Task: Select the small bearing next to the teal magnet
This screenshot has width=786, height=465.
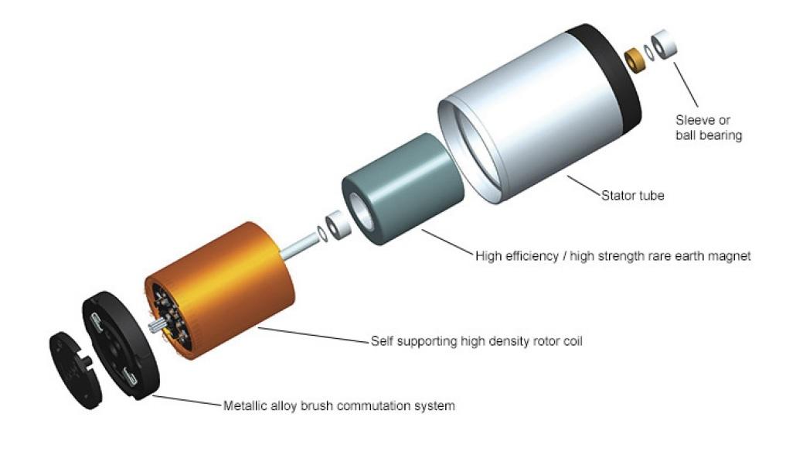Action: [337, 226]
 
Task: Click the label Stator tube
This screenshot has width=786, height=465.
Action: [632, 196]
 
